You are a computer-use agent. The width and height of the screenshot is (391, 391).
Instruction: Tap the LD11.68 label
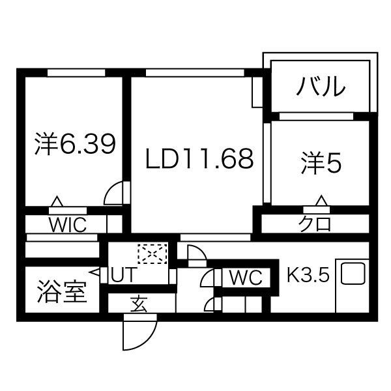[x=198, y=159]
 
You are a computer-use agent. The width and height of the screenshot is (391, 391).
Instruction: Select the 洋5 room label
[x=321, y=162]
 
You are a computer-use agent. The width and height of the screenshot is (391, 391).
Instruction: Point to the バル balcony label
[x=321, y=86]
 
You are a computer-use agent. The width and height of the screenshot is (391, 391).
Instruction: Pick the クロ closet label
[x=315, y=224]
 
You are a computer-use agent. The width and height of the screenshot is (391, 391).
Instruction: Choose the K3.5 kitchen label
[x=308, y=274]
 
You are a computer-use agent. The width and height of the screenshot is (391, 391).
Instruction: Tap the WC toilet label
[x=245, y=278]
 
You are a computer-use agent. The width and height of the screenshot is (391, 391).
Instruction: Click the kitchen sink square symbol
[x=353, y=273]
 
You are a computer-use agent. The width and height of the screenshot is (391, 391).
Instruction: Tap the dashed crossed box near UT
[x=152, y=254]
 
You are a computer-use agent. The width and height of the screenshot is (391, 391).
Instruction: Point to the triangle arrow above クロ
[x=321, y=200]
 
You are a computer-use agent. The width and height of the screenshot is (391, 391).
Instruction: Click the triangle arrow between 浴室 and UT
[x=96, y=275]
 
